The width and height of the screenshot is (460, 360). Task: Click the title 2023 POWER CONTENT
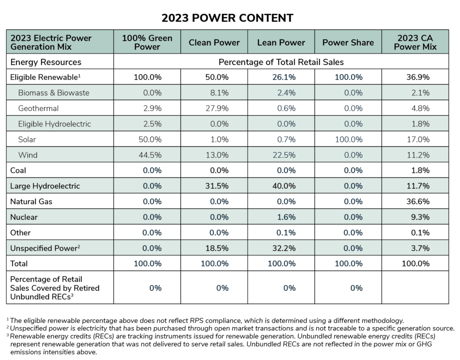pos(227,18)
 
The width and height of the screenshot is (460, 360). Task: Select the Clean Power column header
pos(214,43)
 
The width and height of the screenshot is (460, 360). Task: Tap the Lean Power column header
pos(281,43)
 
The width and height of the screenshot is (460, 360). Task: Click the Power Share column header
pos(348,43)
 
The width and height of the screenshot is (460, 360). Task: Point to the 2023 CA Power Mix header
pos(415,42)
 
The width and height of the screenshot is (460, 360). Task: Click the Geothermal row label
pos(39,108)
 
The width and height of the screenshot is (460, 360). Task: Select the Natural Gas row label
pos(31,202)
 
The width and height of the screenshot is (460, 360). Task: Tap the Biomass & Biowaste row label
pos(53,93)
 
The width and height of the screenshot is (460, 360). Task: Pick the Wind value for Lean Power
pos(283,155)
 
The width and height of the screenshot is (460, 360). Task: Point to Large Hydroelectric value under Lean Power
pos(283,186)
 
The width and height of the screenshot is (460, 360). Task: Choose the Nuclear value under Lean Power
pos(285,217)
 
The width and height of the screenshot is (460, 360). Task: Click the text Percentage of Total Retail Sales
pos(281,61)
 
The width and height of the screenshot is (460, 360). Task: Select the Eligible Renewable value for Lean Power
pos(283,77)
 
